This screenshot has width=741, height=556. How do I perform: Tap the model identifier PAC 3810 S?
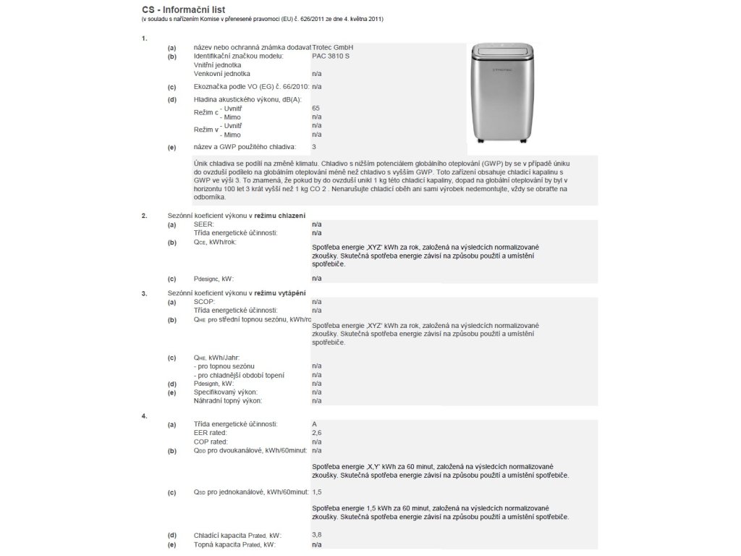(330, 56)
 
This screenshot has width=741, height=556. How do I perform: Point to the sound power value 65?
(316, 108)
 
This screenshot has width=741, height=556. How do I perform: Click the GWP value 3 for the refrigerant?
(314, 147)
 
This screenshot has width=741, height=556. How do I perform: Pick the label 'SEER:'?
(204, 224)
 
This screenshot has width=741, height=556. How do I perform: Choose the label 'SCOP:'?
(205, 301)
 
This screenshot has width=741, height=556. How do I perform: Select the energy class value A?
(314, 424)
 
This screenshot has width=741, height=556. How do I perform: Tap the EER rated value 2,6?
(316, 432)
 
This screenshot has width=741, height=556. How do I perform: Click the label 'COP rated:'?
(211, 441)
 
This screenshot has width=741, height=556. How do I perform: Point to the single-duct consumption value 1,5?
(316, 492)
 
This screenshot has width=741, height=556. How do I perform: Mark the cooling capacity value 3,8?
(316, 535)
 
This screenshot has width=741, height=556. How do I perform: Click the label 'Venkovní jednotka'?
(222, 74)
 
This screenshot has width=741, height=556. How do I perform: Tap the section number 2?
(145, 216)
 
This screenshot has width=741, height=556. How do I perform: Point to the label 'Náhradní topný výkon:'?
(227, 400)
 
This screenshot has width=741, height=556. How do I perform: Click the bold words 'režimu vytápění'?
(279, 292)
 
